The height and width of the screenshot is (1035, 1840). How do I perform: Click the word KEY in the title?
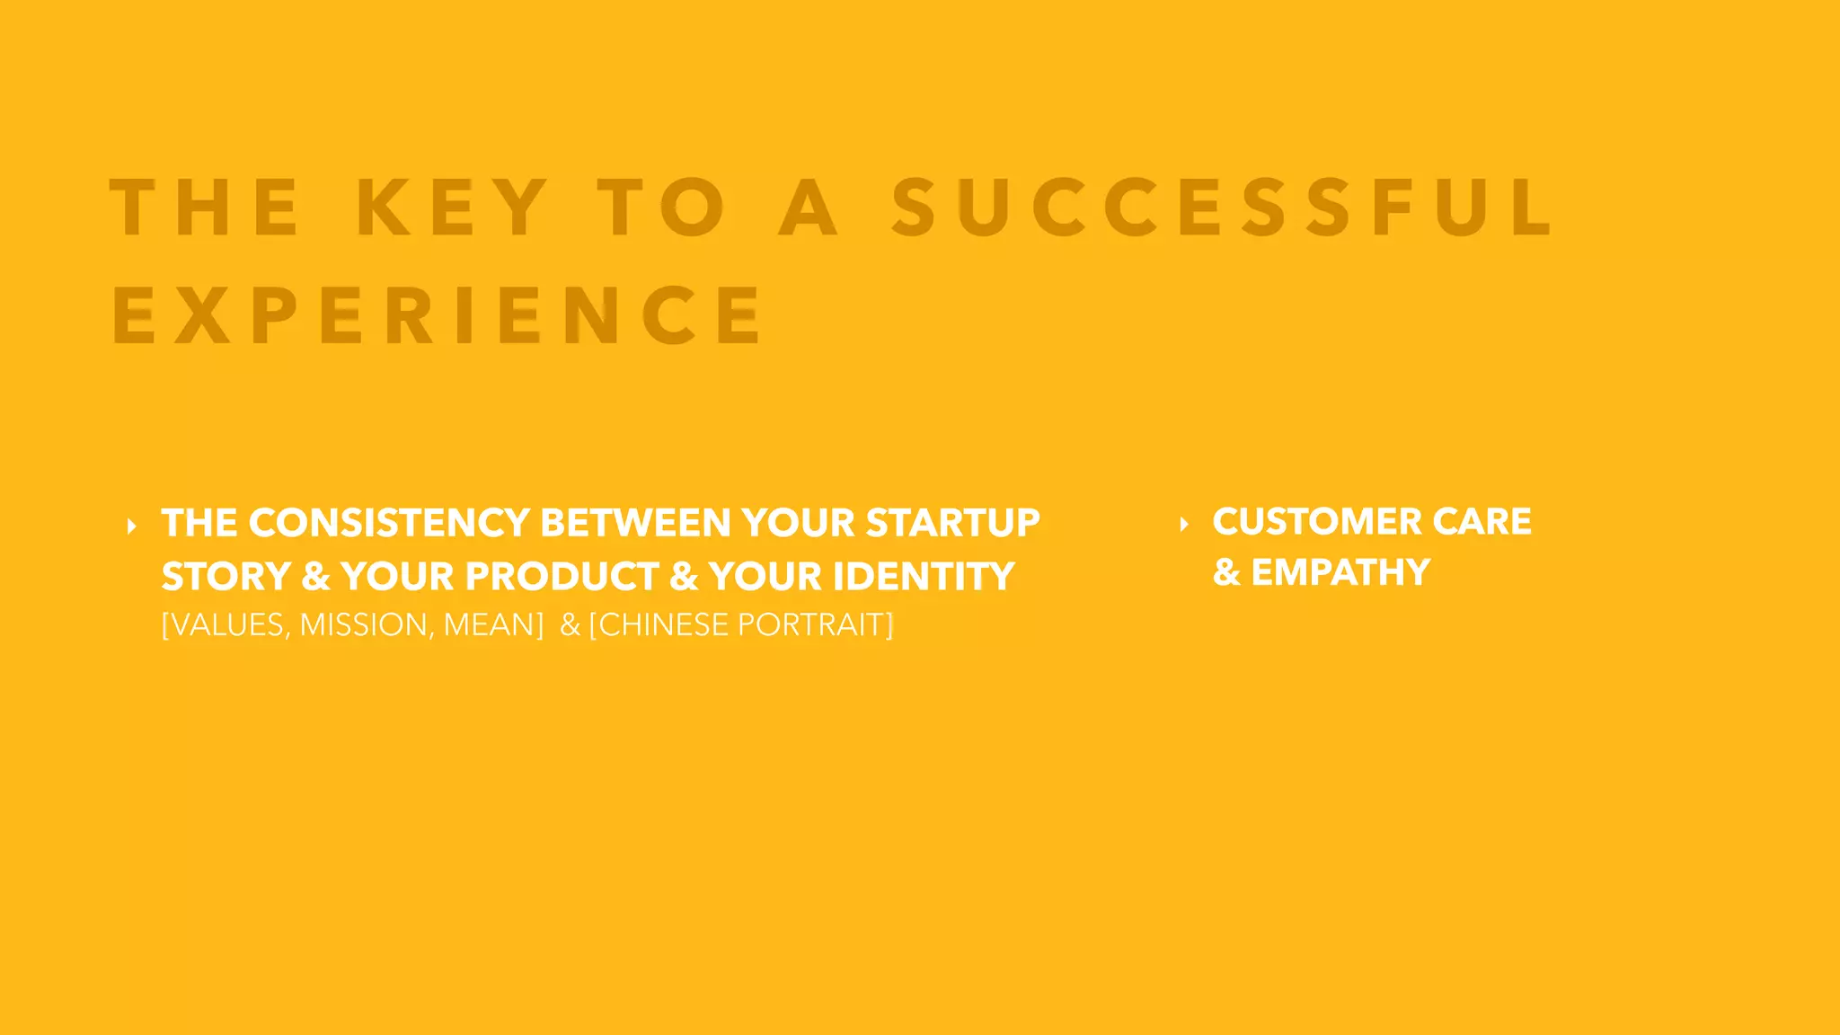pos(452,208)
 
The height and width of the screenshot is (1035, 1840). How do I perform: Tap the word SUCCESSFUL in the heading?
pos(1222,208)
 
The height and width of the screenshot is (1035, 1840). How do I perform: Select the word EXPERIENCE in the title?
pos(438,315)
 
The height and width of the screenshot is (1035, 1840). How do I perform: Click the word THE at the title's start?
pos(205,208)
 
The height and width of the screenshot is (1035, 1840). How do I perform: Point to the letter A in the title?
pos(809,208)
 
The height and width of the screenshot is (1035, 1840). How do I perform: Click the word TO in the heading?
pos(662,208)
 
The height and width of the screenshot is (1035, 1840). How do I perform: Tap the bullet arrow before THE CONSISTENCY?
pos(132,526)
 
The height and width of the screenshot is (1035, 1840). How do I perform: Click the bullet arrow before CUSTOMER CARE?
pos(1184,524)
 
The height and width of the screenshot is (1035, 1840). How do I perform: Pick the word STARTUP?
pos(952,523)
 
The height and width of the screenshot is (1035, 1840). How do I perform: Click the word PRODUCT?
pos(562,577)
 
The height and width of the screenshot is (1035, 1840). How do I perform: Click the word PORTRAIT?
pos(811,625)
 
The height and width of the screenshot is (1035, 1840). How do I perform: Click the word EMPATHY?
pos(1340,572)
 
